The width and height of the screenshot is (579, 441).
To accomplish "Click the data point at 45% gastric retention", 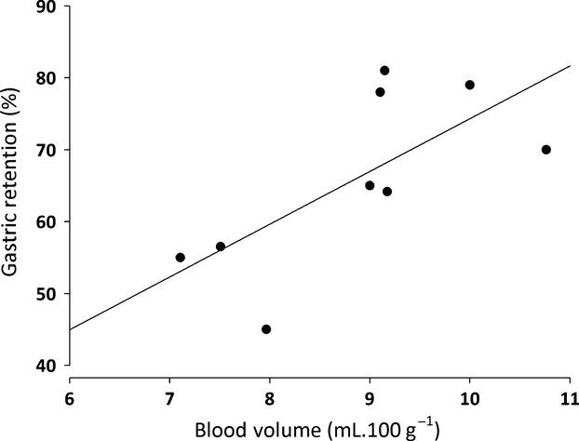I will (266, 329).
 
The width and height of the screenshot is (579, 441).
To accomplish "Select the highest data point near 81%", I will (384, 71).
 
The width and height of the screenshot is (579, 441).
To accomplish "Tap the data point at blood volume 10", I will (469, 85).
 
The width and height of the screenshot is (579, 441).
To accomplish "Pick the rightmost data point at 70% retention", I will (546, 150).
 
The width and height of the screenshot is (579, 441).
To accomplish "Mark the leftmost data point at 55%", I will (180, 258).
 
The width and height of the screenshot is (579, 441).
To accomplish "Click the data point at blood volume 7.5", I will (221, 247).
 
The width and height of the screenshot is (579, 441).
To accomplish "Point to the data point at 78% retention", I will (380, 92).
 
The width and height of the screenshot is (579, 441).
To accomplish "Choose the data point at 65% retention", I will (370, 186).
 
